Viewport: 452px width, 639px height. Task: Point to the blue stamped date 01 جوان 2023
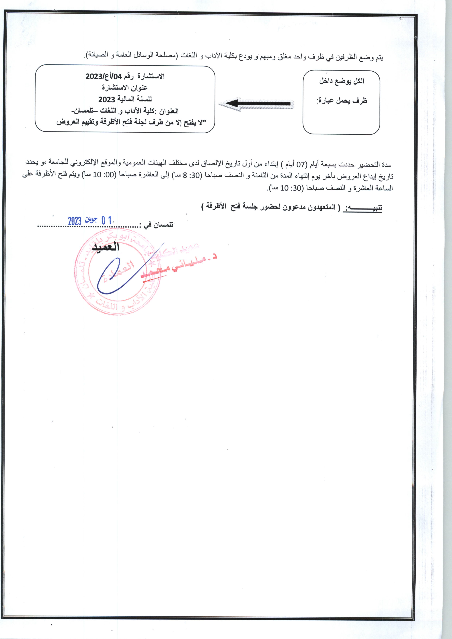90,221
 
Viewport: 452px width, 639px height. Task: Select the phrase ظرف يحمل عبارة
342,101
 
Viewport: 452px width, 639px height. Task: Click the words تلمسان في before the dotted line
158,224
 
